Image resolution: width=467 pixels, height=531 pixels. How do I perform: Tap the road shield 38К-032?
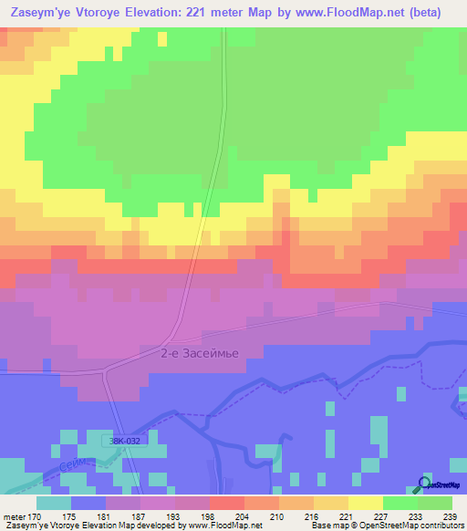coord(119,439)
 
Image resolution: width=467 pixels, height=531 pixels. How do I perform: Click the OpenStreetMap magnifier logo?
coord(424,484)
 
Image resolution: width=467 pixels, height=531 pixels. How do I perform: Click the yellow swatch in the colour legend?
coord(365,503)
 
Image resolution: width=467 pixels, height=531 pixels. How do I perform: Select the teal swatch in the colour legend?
coord(54,503)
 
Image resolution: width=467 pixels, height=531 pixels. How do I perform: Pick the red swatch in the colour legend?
coord(226,503)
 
